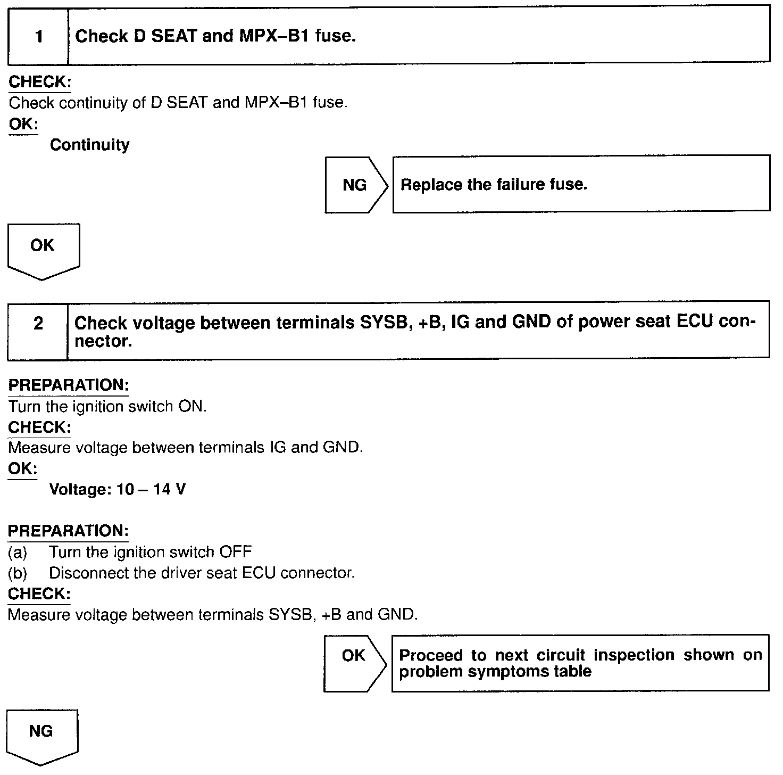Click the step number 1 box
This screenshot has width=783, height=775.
tap(38, 37)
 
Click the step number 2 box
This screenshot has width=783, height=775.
tap(38, 324)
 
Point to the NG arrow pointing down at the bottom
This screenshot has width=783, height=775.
tap(41, 735)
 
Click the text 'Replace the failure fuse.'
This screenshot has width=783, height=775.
tap(494, 185)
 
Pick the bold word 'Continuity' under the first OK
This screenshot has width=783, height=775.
tap(89, 145)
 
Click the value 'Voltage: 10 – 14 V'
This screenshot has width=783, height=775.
tap(117, 489)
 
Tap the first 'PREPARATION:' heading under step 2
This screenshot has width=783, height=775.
tap(68, 385)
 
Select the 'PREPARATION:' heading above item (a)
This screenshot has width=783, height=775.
tap(68, 531)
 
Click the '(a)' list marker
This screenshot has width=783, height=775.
tap(18, 552)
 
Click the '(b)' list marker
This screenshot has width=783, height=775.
tap(18, 573)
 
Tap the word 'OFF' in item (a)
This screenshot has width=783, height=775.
tap(236, 552)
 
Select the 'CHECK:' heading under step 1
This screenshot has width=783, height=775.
tap(40, 82)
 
